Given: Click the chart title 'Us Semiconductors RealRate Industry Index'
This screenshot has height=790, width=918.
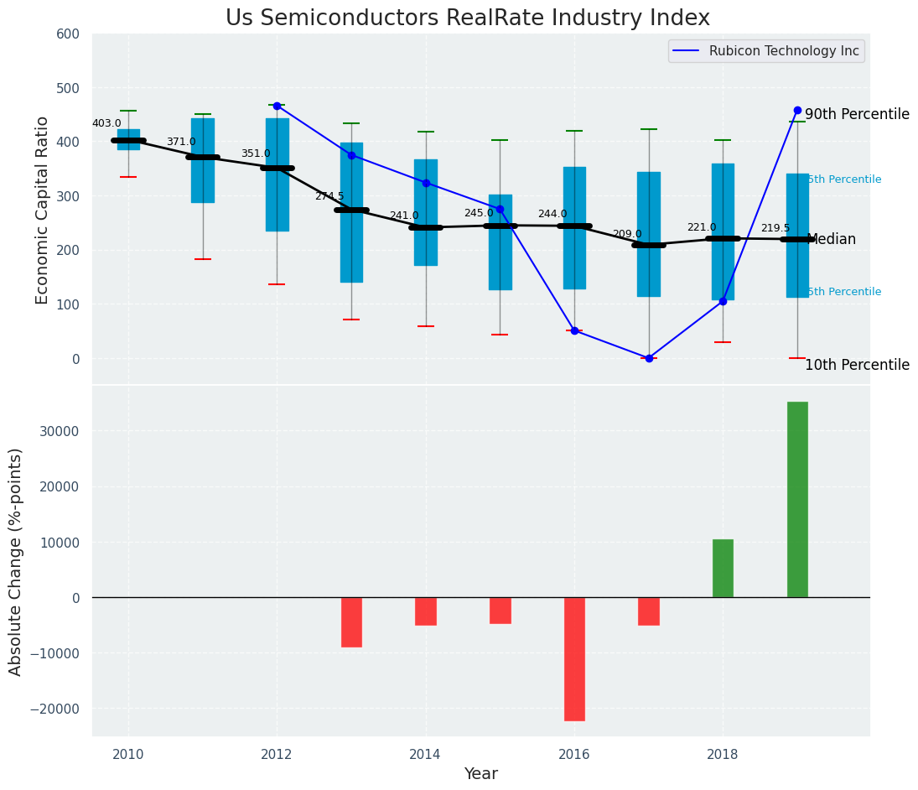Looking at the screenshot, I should tap(468, 18).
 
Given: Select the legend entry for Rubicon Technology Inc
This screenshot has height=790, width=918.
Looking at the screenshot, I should tap(783, 51).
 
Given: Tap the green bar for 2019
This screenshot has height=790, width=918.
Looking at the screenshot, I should tap(797, 500).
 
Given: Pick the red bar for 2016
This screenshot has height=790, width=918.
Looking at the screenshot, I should tap(574, 658).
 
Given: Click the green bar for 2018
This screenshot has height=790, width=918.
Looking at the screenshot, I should tap(723, 568).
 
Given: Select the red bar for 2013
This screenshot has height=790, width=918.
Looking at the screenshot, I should tap(351, 621).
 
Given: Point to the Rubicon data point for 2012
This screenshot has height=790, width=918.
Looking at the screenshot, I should tap(277, 106).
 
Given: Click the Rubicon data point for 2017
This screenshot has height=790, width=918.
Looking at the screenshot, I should tap(649, 358).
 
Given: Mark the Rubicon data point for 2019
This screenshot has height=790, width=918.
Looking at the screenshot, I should tap(797, 111).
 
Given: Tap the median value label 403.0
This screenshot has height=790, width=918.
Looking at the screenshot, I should tap(106, 123).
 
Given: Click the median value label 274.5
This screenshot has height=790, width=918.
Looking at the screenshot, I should tap(329, 196).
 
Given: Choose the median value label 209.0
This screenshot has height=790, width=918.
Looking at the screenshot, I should tap(627, 234).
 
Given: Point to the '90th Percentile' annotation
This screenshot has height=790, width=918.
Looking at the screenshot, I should tap(857, 114).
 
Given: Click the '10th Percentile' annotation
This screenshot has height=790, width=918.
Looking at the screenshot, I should tap(857, 365).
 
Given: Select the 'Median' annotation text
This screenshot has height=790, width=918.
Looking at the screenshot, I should tap(832, 240).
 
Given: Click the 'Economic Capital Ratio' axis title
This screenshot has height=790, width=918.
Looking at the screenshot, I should tap(43, 209).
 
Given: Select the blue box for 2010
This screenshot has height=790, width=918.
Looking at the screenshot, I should tap(128, 139).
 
